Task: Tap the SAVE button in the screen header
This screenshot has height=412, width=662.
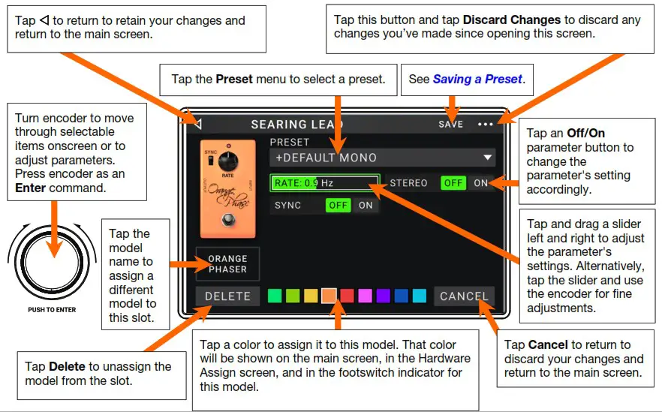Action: pyautogui.click(x=450, y=125)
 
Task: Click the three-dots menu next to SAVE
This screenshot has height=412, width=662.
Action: pyautogui.click(x=486, y=125)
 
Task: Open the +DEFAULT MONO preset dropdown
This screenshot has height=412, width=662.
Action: pyautogui.click(x=382, y=158)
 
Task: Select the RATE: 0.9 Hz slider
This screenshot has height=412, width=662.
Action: pyautogui.click(x=325, y=183)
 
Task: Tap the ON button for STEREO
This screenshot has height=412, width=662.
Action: pyautogui.click(x=480, y=183)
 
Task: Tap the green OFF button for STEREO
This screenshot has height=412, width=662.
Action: pyautogui.click(x=453, y=183)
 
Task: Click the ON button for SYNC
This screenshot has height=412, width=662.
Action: pyautogui.click(x=366, y=205)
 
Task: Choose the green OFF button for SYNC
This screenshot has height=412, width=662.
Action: pyautogui.click(x=339, y=205)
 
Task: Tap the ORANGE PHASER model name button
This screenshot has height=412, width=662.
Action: pyautogui.click(x=227, y=264)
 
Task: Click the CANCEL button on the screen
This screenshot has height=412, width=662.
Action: pyautogui.click(x=464, y=296)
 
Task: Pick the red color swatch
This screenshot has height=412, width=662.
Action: pyautogui.click(x=347, y=296)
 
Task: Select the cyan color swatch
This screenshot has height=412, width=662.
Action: pyautogui.click(x=420, y=296)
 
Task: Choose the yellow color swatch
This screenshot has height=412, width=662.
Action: pyautogui.click(x=311, y=296)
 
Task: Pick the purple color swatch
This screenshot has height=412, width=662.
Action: pyautogui.click(x=383, y=296)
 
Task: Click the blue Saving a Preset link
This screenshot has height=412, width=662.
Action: pyautogui.click(x=477, y=79)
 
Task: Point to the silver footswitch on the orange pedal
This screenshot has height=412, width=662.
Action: pyautogui.click(x=227, y=220)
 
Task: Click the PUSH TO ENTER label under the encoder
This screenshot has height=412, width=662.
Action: pyautogui.click(x=53, y=309)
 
